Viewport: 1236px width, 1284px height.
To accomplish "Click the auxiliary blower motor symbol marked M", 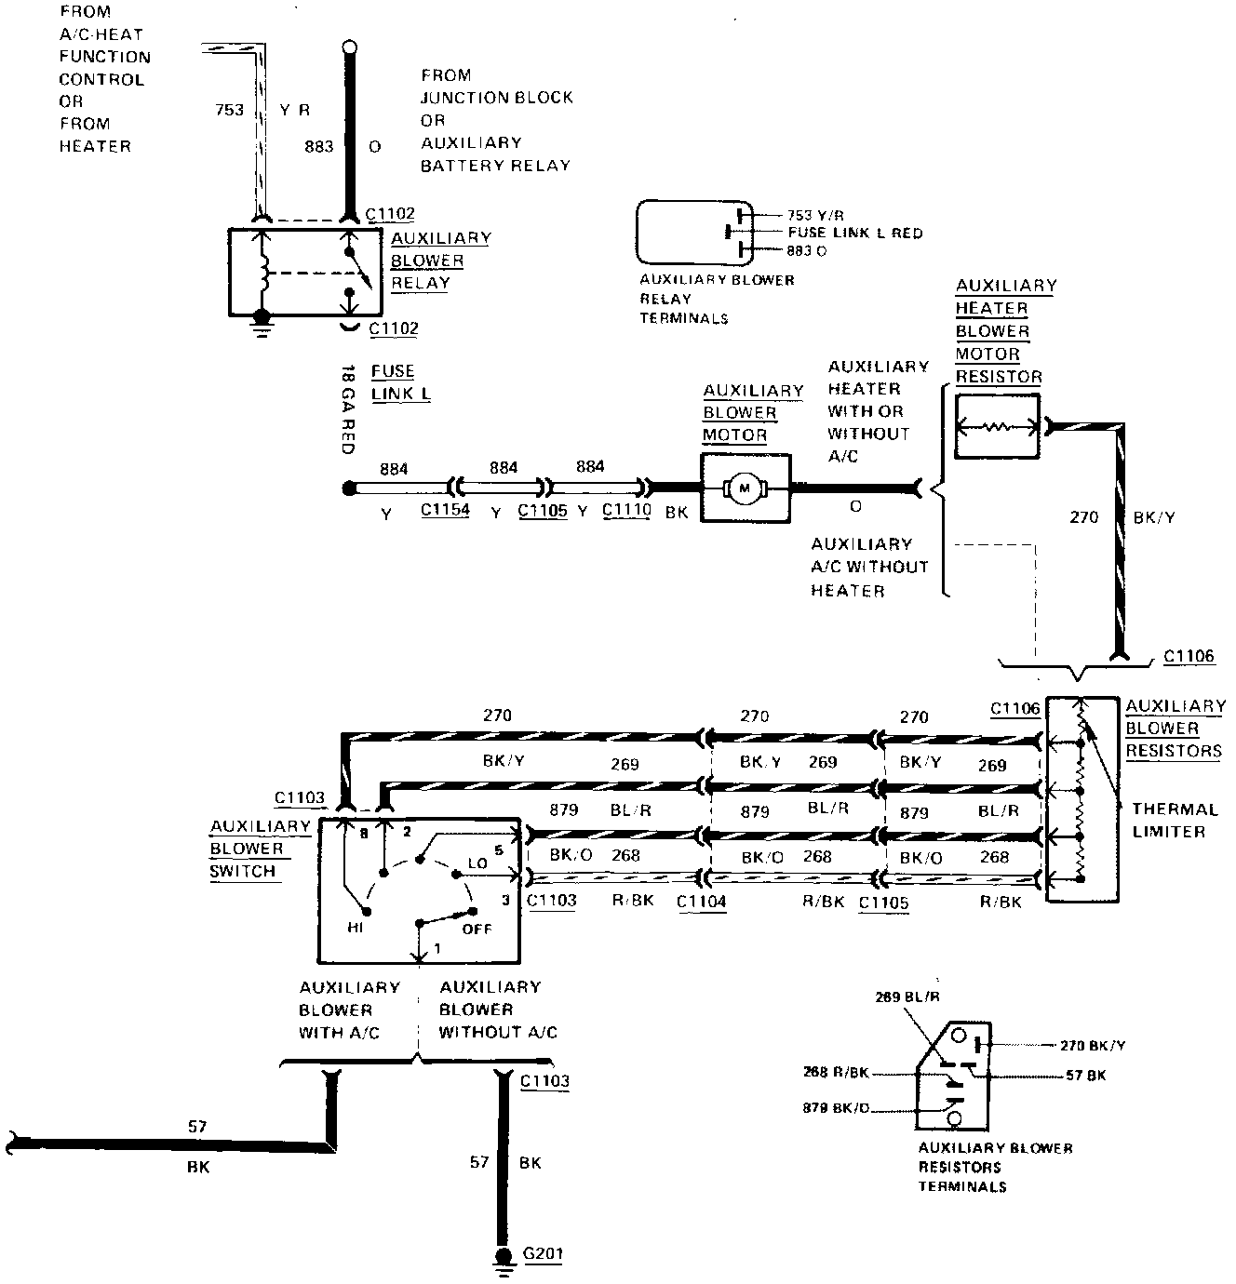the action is (x=745, y=488).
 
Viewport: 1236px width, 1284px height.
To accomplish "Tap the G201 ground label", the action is (x=544, y=1252).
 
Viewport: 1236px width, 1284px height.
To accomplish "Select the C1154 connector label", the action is (x=446, y=509).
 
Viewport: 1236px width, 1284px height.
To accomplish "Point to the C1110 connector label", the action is (x=627, y=509).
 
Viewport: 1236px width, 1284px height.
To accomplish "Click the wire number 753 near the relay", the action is (x=230, y=110).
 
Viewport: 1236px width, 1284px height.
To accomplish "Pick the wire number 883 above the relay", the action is (x=318, y=146).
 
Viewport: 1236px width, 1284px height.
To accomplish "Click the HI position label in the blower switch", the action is (x=355, y=928).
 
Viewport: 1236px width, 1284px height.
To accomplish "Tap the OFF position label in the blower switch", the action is (x=477, y=929).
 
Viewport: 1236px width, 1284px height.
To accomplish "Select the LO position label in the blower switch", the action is (x=477, y=863).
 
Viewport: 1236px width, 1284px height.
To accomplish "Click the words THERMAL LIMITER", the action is (x=1175, y=820).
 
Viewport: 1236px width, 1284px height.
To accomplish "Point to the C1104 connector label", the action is (x=702, y=902).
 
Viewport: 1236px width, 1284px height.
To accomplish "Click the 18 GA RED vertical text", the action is (x=348, y=409).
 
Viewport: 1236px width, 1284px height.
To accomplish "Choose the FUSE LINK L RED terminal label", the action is (x=855, y=233).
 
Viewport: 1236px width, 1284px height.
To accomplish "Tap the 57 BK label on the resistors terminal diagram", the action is (x=1085, y=1075).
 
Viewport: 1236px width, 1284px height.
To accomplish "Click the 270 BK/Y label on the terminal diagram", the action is (x=1092, y=1045).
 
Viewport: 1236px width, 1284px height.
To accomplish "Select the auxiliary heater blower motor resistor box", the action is (x=998, y=426).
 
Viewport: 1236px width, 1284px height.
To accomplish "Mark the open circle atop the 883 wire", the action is (x=350, y=47).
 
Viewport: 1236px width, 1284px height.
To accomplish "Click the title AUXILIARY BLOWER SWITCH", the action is (x=260, y=849).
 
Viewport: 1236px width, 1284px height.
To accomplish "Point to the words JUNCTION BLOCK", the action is (x=497, y=98).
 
